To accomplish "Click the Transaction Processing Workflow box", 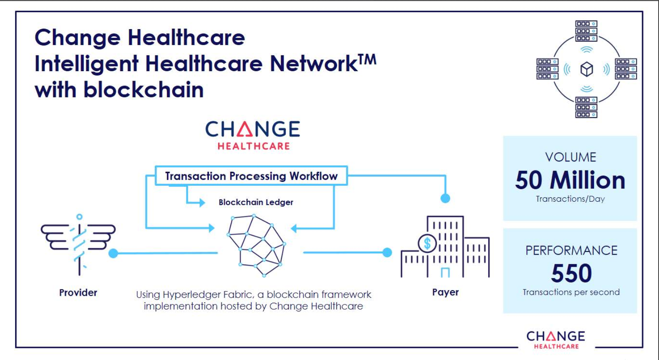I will (251, 176).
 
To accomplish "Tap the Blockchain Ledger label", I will (256, 202).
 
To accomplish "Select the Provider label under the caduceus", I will (78, 293).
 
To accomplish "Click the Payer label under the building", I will (445, 292).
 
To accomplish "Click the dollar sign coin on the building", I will (427, 243).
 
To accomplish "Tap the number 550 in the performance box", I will (571, 273).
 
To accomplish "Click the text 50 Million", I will (570, 180).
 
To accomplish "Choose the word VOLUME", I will (571, 157).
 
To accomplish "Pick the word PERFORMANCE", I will (571, 251).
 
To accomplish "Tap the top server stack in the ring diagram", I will (587, 31).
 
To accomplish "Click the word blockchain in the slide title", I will (144, 90).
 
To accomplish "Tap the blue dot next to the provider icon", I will (113, 253).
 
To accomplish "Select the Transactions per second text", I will (571, 292).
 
